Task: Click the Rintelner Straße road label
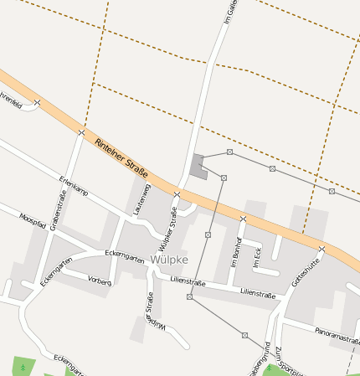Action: click(x=127, y=157)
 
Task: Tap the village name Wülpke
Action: click(x=168, y=260)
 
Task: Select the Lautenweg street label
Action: click(x=141, y=199)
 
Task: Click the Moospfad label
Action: click(x=33, y=222)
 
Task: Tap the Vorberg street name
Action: click(x=99, y=282)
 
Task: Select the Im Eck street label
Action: click(x=257, y=257)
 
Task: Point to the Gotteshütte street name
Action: click(x=306, y=273)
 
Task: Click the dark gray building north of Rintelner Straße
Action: click(x=198, y=165)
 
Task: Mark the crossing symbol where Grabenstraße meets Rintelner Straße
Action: click(x=81, y=132)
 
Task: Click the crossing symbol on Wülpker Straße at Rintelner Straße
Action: click(x=177, y=194)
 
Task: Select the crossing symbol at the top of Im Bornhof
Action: click(x=243, y=219)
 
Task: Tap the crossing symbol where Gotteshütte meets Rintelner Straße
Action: click(x=321, y=249)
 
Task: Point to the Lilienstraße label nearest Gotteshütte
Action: click(x=258, y=293)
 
